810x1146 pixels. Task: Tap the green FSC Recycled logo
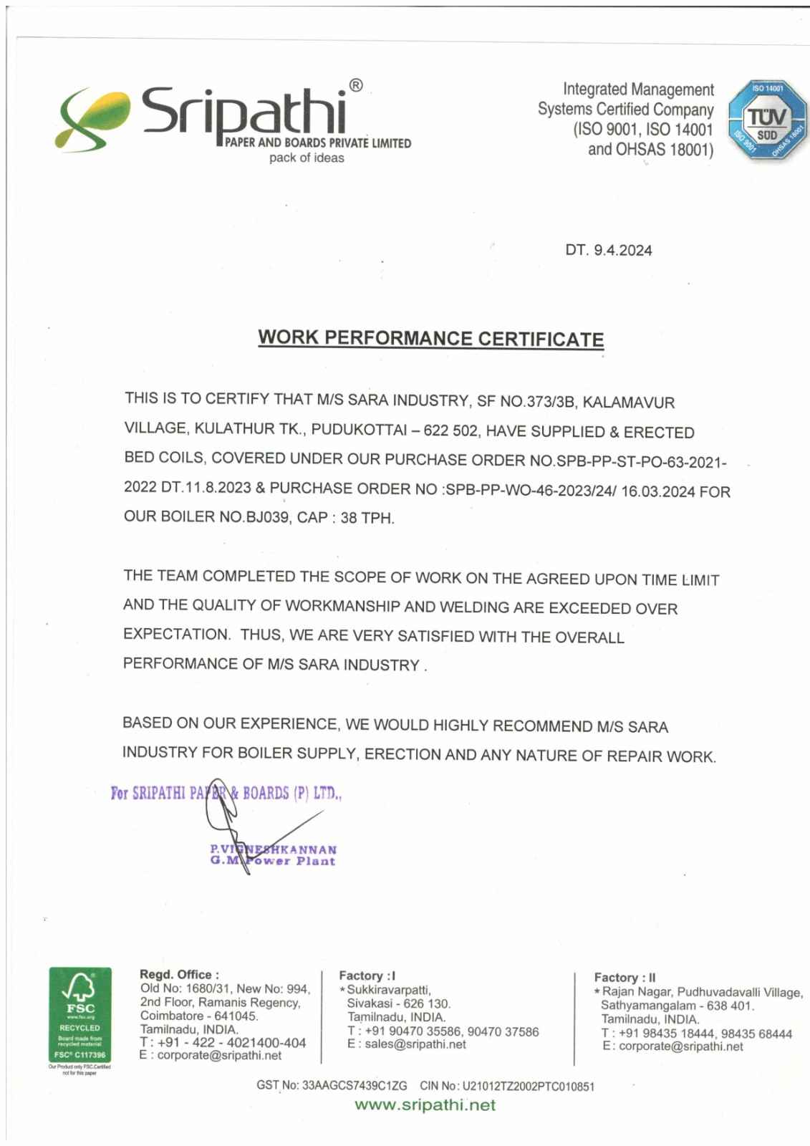(x=79, y=1014)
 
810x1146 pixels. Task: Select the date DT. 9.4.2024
(x=609, y=250)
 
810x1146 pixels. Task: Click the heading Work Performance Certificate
(x=430, y=338)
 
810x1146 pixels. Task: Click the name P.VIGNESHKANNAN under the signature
(x=273, y=849)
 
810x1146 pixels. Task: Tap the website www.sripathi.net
(x=425, y=1105)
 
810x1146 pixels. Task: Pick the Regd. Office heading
(x=179, y=975)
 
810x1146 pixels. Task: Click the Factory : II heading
(x=625, y=977)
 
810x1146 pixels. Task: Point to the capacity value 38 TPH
(x=367, y=518)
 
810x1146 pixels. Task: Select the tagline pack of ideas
(x=307, y=158)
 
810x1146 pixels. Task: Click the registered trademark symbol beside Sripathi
(x=356, y=87)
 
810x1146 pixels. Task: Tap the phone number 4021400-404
(x=266, y=1042)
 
